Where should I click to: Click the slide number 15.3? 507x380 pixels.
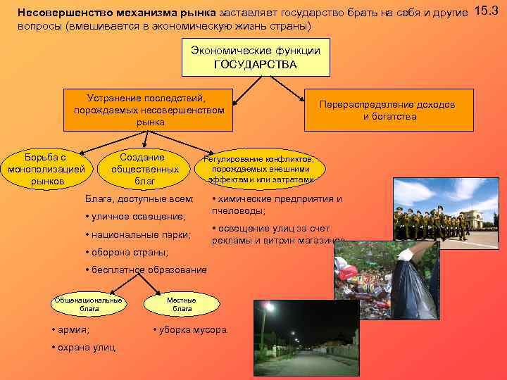tap(491, 11)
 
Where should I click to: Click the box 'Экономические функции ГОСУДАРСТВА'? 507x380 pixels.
tap(256, 58)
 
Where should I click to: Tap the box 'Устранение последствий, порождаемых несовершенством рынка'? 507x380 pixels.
tap(149, 110)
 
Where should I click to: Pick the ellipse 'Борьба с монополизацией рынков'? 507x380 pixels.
tap(46, 169)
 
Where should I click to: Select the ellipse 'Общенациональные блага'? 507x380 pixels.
tap(89, 304)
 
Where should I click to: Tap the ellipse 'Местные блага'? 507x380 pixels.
tap(182, 304)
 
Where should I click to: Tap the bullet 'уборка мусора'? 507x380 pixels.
tap(193, 329)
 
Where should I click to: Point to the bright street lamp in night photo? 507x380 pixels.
tap(270, 307)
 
